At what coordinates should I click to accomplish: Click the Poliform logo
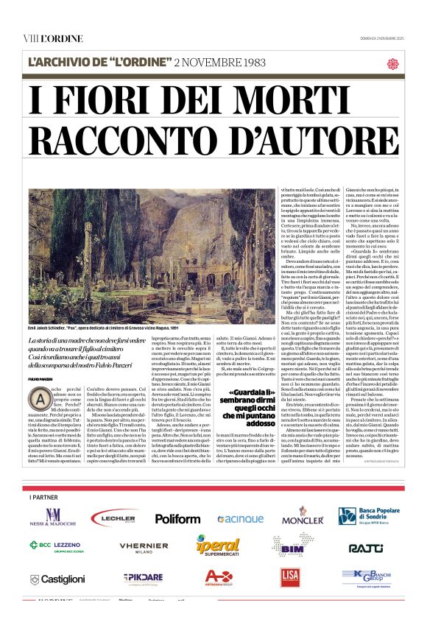[177, 518]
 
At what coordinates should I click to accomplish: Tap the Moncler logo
[302, 519]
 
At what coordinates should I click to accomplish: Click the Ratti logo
[365, 548]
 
